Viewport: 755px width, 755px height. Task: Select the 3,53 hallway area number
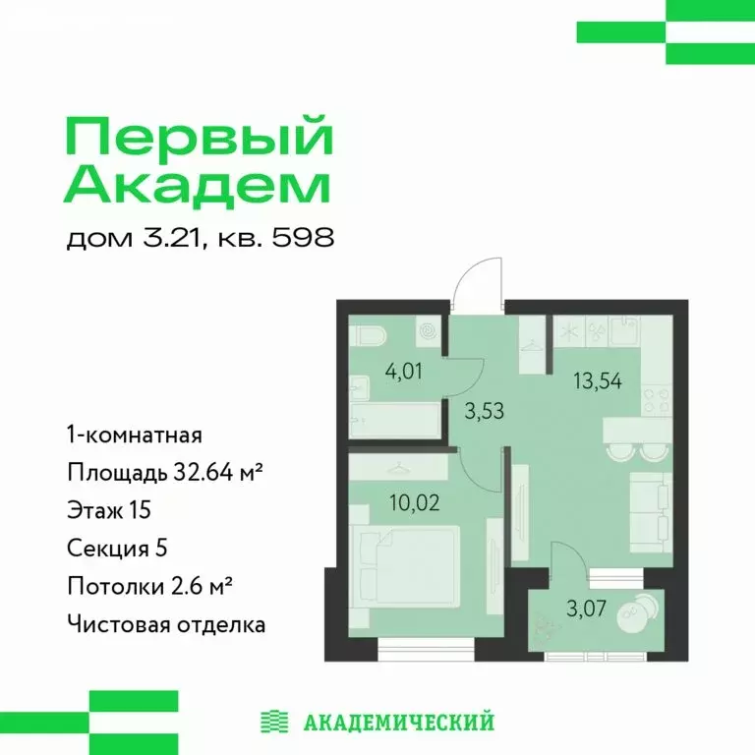pyautogui.click(x=484, y=410)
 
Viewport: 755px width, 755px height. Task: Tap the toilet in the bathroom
pyautogui.click(x=369, y=337)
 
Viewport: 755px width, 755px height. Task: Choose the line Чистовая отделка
pyautogui.click(x=166, y=623)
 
